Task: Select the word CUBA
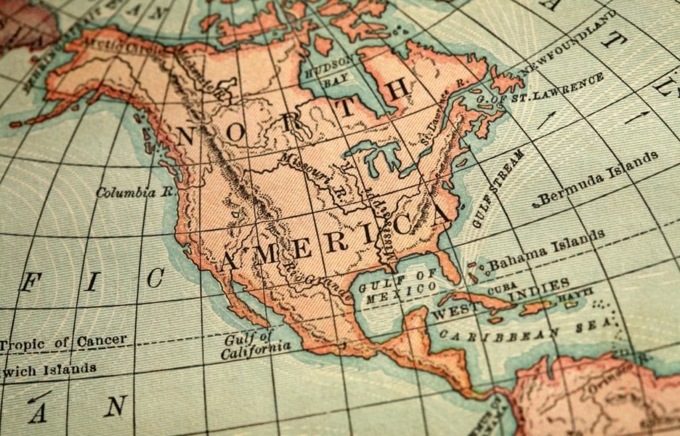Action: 503,291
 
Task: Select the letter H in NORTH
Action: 396,90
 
